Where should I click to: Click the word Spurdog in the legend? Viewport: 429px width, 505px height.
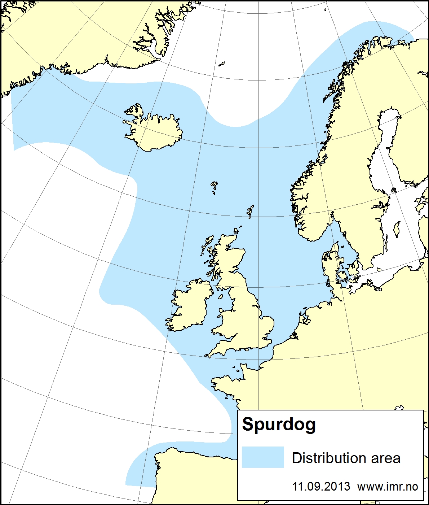279,425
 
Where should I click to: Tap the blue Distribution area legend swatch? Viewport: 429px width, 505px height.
263,457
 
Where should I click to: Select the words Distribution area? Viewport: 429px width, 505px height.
346,458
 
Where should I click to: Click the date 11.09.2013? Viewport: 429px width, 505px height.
321,486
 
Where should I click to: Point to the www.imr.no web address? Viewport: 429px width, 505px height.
388,486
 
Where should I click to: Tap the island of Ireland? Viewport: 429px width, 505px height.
189,307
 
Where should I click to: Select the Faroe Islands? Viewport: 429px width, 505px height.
214,186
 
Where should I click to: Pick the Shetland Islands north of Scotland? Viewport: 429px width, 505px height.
251,211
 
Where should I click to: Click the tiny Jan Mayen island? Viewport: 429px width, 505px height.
222,64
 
